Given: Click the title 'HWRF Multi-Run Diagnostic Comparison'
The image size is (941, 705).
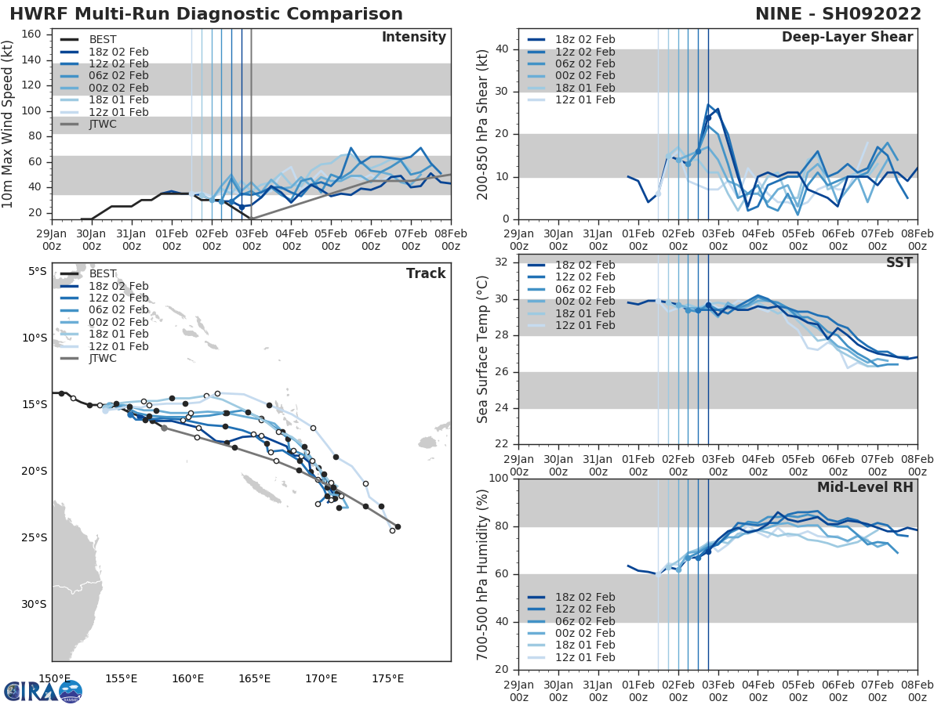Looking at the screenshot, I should pos(206,14).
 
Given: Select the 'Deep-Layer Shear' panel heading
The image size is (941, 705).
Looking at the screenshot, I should pos(847,38).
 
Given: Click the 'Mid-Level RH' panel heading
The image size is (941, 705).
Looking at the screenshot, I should pos(865,487).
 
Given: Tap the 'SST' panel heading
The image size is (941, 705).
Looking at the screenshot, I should pos(899,262).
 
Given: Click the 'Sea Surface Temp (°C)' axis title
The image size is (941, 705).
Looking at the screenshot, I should pos(482,349).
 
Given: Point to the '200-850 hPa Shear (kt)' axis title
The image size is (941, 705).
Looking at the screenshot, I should pos(482,124).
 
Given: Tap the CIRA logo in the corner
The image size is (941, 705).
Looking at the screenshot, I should pos(43,691).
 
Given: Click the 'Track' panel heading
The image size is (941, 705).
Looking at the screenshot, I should pos(426,273).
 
